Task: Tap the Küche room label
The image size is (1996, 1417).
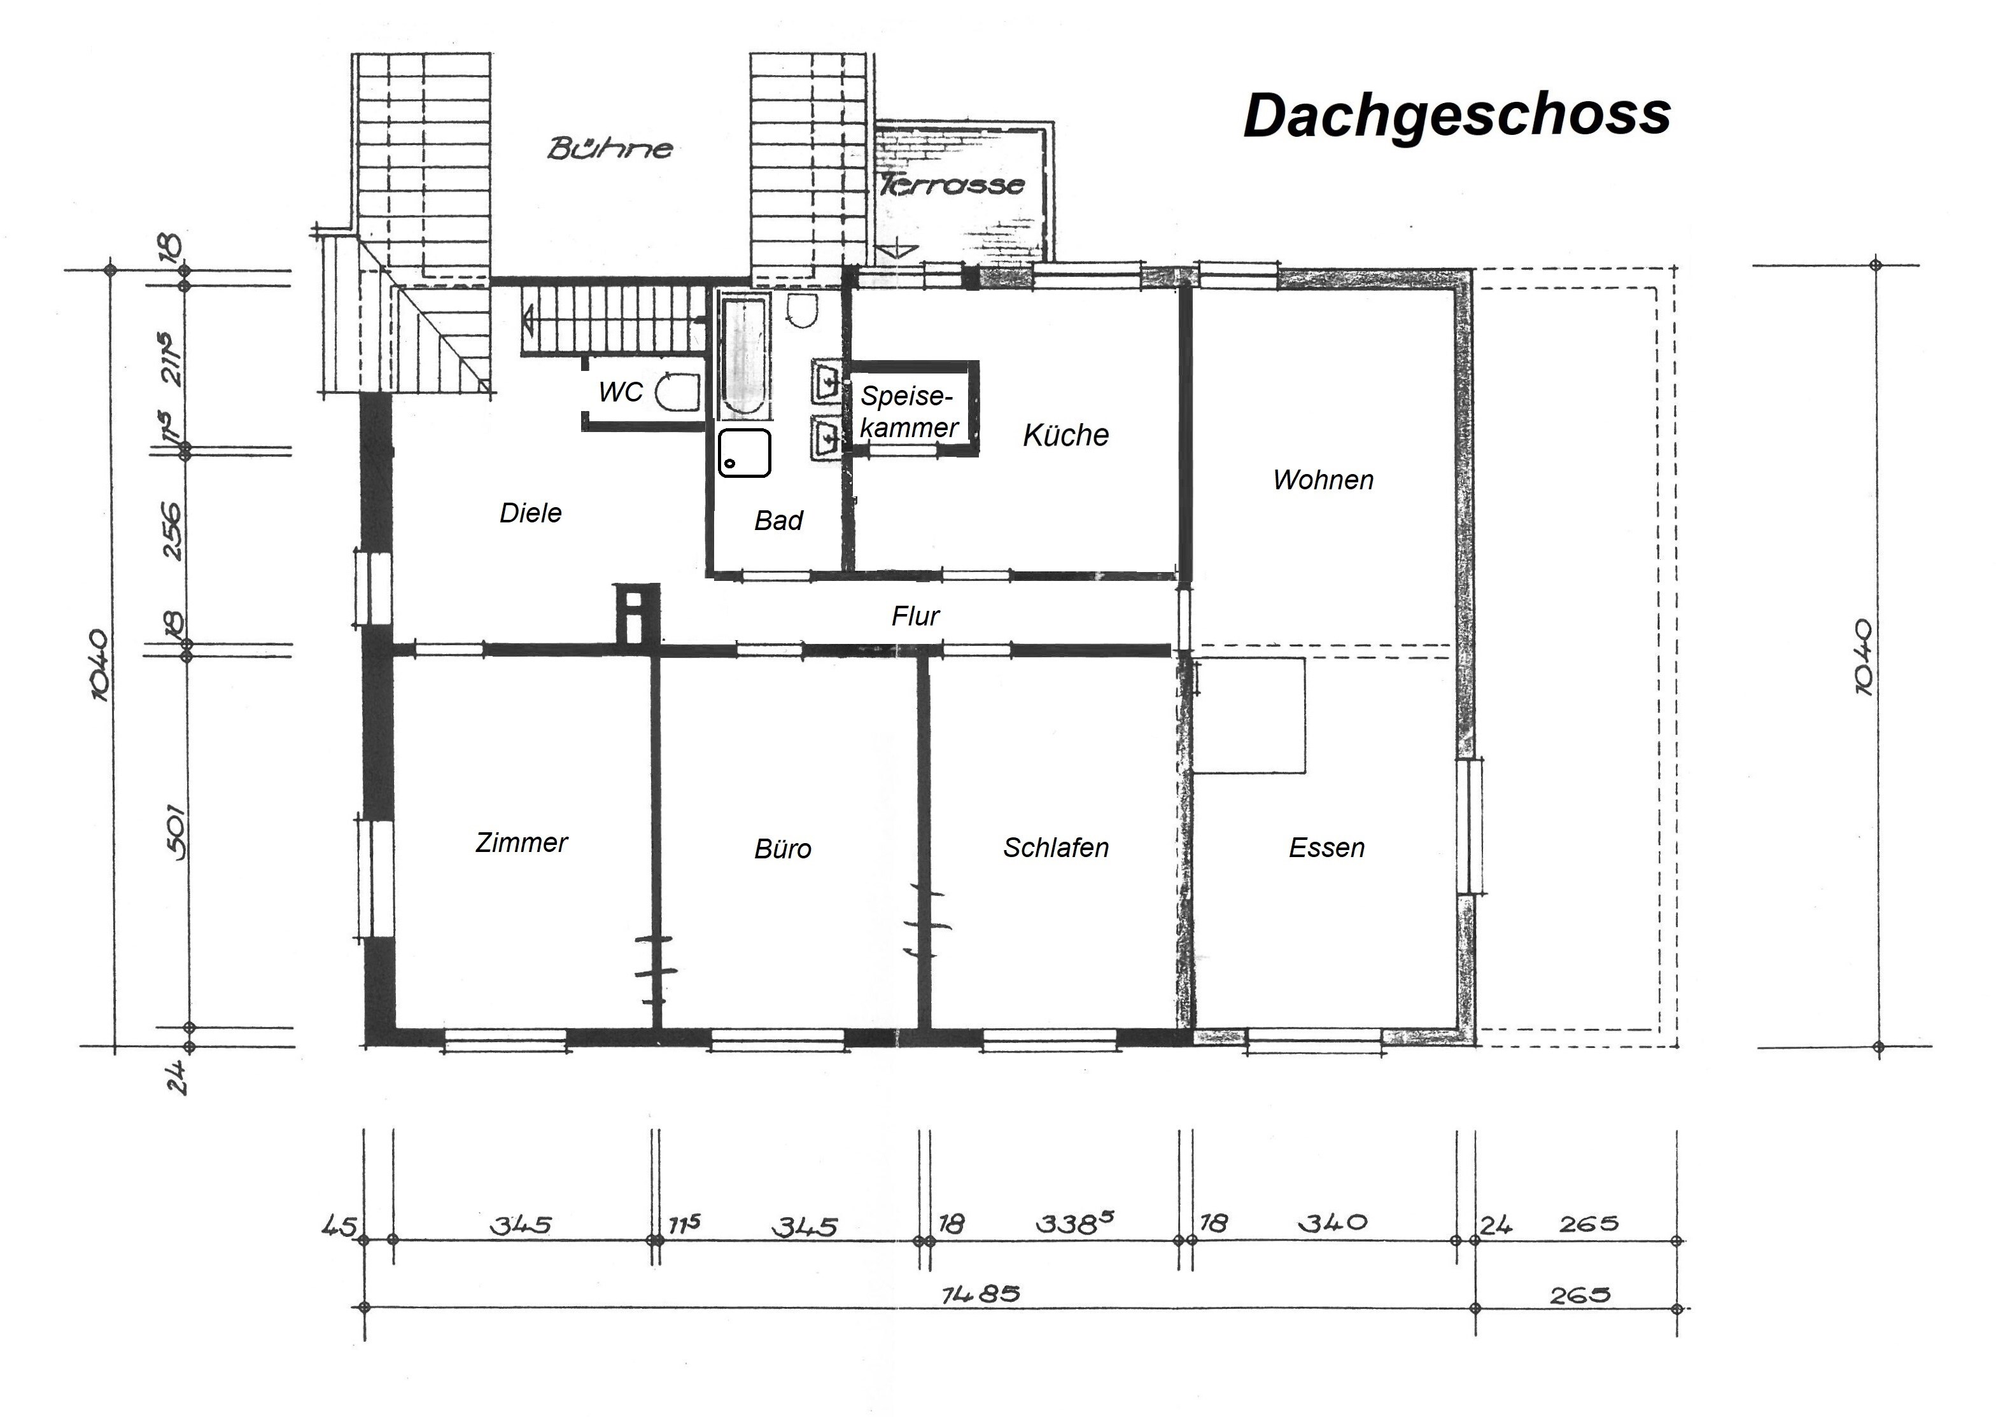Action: tap(1065, 435)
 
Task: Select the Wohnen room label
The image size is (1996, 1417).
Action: tap(1323, 479)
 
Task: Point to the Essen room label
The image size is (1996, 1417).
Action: tap(1326, 848)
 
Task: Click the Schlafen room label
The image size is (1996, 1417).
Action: tap(1056, 848)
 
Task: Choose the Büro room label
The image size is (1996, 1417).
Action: tap(783, 849)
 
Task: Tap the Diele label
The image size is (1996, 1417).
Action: tap(531, 512)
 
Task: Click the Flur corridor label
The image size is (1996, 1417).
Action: tap(915, 616)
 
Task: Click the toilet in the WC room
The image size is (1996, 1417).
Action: tap(677, 392)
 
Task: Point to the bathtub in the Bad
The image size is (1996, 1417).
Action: tap(743, 358)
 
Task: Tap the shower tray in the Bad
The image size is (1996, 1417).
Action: tap(745, 453)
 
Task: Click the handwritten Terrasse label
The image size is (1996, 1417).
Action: tap(952, 184)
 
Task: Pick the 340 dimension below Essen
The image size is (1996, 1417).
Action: tap(1333, 1222)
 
